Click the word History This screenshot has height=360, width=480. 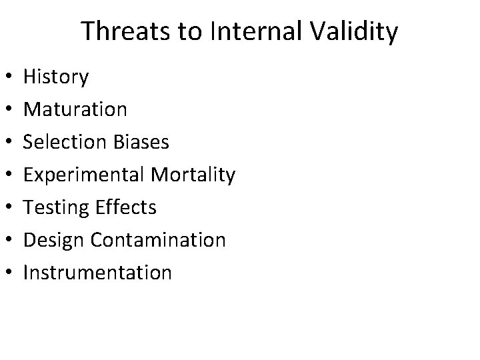(55, 77)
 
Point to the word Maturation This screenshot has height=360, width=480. (75, 109)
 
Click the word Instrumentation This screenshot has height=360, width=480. (97, 273)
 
